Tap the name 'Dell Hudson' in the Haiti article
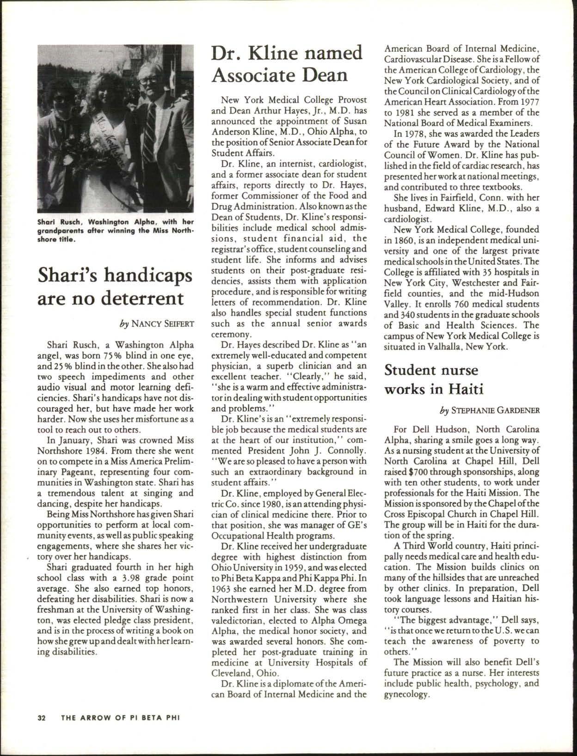[434, 428]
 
